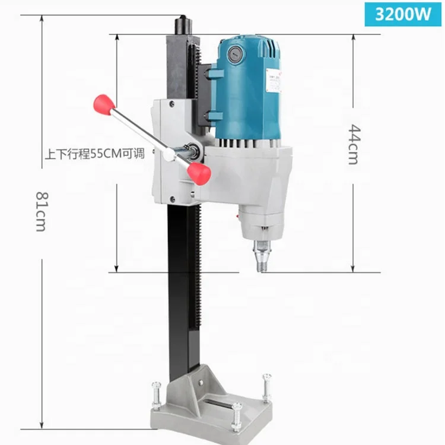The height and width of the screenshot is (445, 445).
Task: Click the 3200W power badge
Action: click(403, 14)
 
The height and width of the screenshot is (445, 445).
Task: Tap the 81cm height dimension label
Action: click(41, 211)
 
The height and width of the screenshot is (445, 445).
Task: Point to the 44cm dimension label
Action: click(354, 144)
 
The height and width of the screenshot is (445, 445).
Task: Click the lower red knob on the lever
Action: click(199, 173)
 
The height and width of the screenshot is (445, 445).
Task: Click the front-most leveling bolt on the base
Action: click(237, 415)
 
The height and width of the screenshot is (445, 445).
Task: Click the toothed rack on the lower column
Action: click(197, 267)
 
